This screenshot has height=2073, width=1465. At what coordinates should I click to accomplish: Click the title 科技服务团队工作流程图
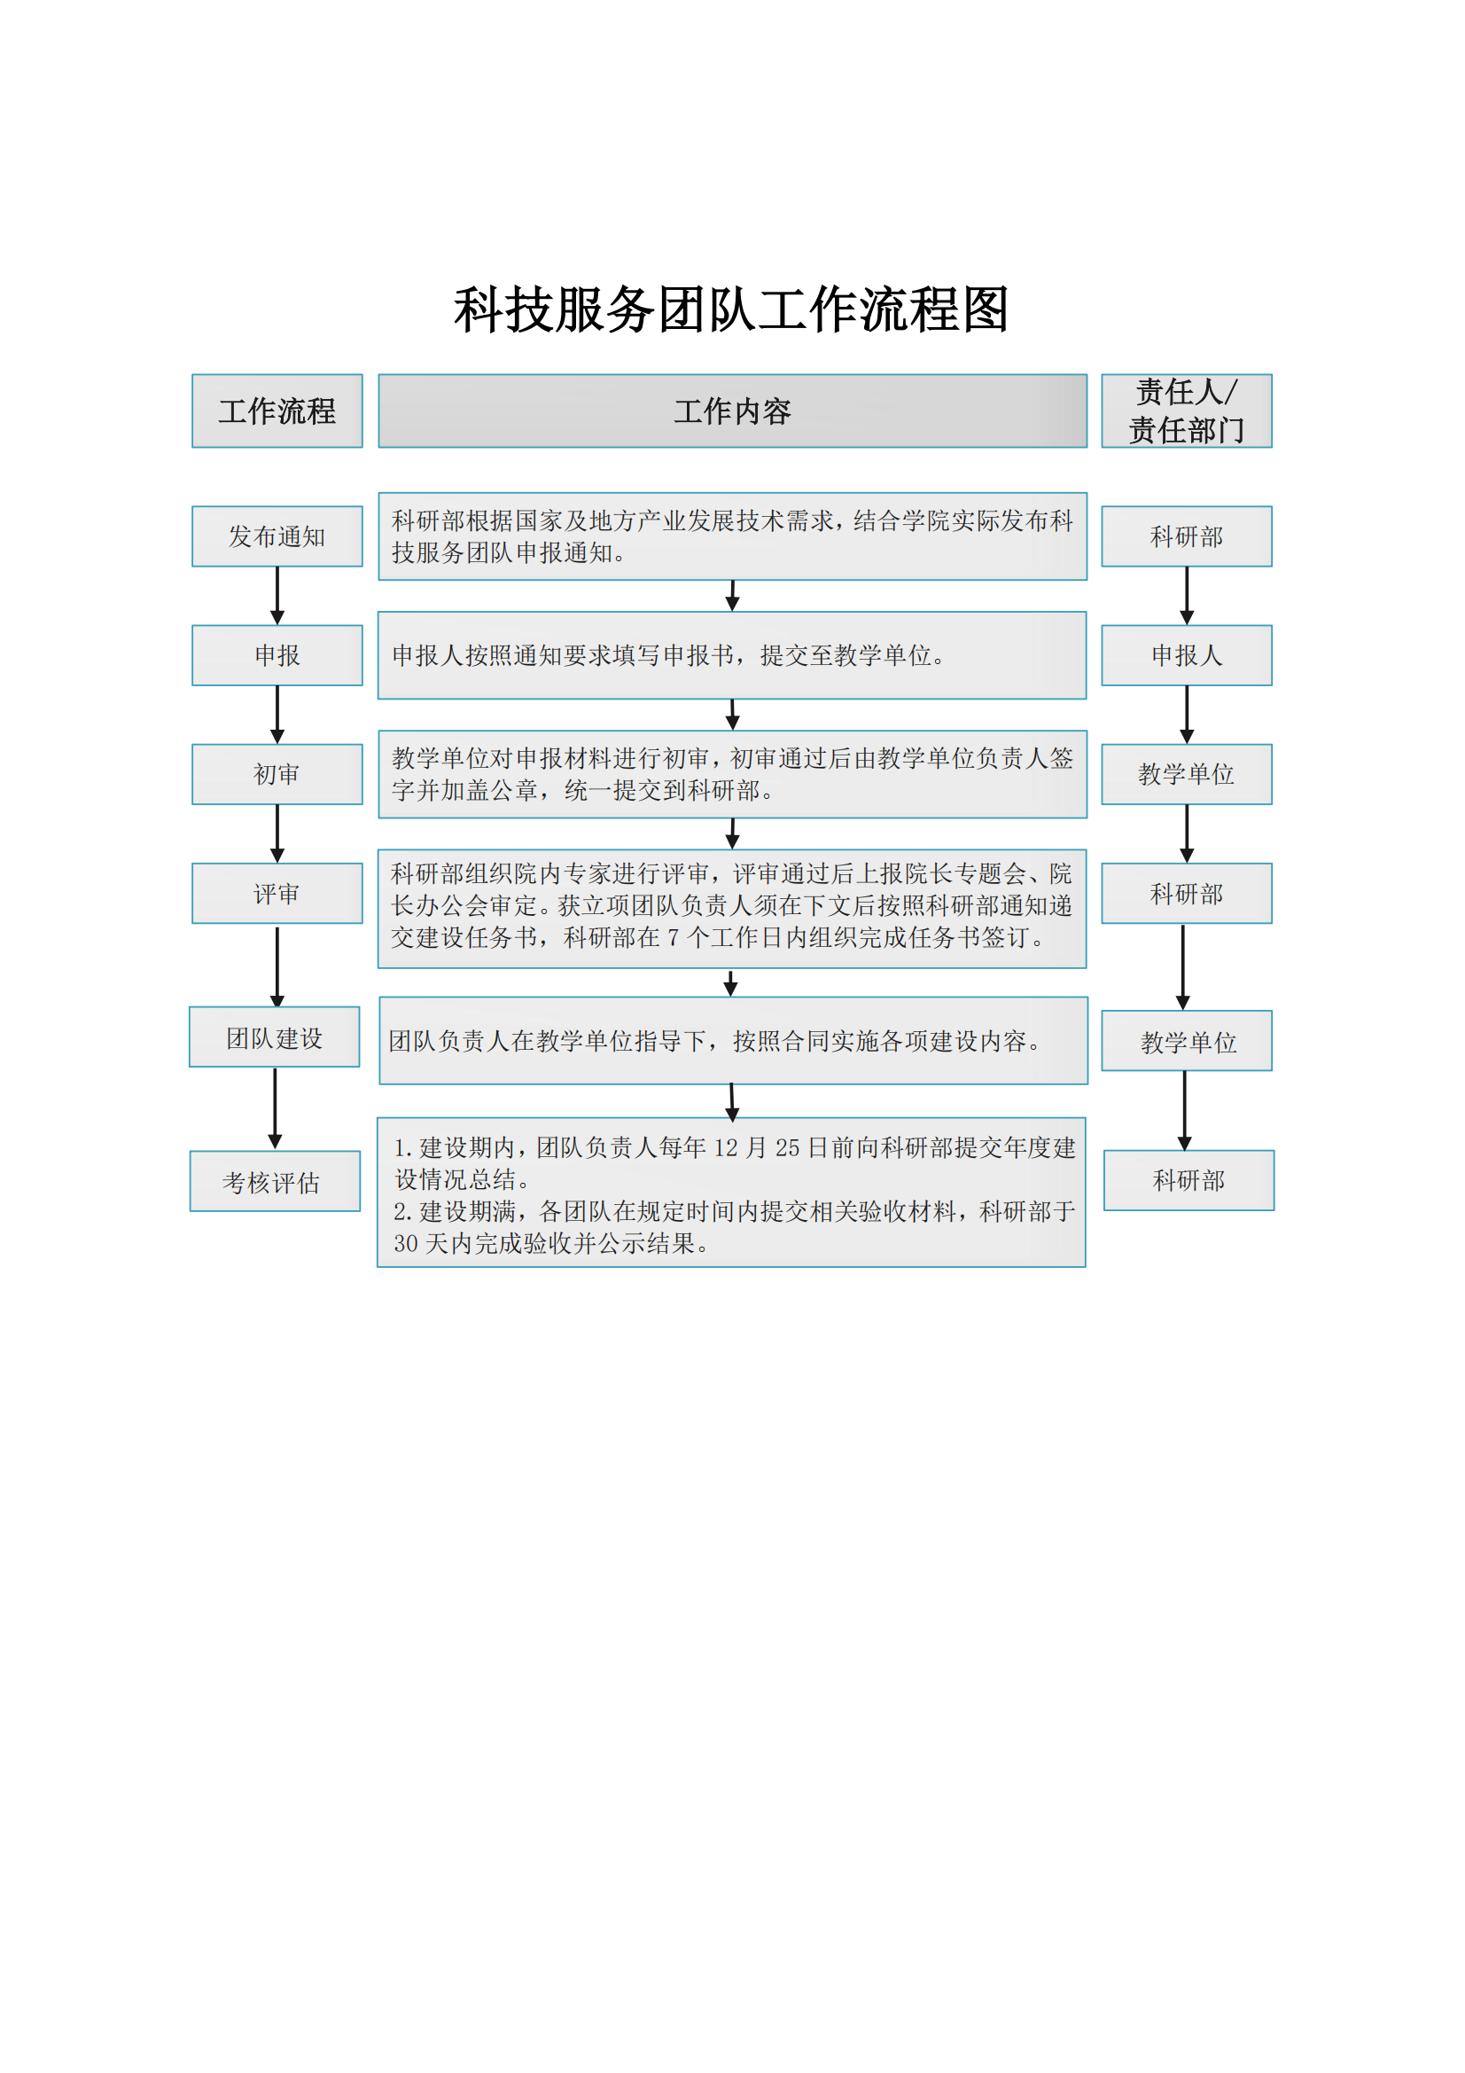(x=731, y=309)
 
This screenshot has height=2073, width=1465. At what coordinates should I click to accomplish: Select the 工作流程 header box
(x=277, y=411)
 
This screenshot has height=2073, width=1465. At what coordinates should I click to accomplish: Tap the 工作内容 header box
(x=732, y=411)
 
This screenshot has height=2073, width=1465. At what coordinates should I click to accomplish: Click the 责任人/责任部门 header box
(x=1186, y=411)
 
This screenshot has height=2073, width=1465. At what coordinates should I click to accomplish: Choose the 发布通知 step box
(x=277, y=536)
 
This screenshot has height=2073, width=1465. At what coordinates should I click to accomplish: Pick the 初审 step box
(x=277, y=774)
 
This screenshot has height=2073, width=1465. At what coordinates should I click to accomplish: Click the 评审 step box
(x=277, y=893)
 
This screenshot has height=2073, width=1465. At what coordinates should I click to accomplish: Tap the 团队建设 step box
(x=275, y=1036)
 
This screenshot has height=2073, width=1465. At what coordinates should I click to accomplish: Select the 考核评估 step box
(x=275, y=1181)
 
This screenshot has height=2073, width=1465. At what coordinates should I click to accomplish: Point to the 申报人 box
(x=1186, y=655)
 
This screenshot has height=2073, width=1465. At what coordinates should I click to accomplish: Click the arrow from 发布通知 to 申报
(x=277, y=596)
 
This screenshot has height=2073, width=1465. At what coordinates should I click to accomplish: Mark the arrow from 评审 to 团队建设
(x=277, y=966)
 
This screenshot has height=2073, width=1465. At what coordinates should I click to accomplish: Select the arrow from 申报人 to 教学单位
(x=1186, y=715)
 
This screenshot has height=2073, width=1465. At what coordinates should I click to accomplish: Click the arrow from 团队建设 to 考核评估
(x=276, y=1108)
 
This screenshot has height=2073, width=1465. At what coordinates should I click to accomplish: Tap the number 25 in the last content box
(x=787, y=1147)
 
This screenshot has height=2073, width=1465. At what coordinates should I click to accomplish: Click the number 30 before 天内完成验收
(x=405, y=1243)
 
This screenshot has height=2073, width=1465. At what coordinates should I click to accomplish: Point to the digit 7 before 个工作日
(x=673, y=938)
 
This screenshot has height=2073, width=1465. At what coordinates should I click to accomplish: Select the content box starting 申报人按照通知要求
(x=732, y=655)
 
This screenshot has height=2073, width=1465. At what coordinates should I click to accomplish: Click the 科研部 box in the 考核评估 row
(x=1188, y=1180)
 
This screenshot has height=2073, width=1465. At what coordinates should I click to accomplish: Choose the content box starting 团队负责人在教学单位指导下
(x=733, y=1040)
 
